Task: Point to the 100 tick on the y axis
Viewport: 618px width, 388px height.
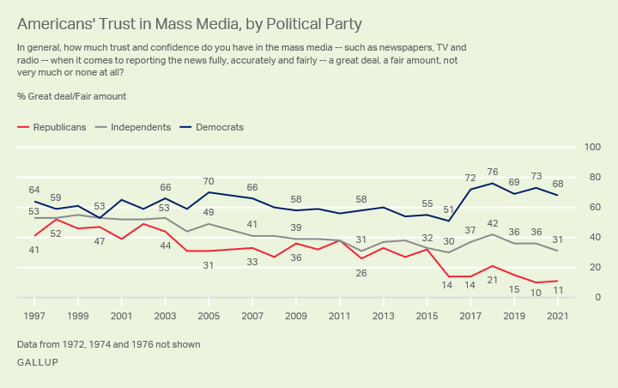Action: coord(591,148)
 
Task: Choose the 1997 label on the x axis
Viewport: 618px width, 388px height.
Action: coord(34,316)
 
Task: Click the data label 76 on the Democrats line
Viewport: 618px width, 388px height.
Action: coord(492,171)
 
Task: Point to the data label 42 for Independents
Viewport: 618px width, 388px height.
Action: coord(492,223)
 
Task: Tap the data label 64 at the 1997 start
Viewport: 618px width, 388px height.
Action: coord(34,190)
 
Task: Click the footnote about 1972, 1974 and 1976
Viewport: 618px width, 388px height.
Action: coord(108,344)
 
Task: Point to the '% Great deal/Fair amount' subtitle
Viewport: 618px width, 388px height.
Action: coord(71,96)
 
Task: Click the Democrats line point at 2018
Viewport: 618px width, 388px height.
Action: coord(492,183)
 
